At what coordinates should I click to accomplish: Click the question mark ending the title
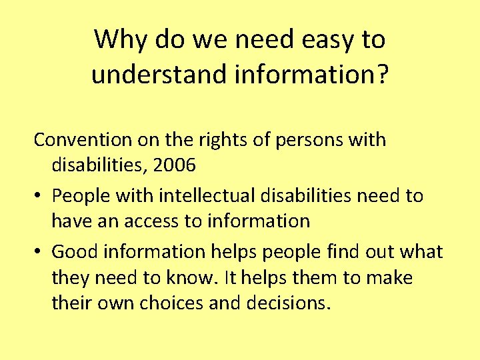(x=380, y=74)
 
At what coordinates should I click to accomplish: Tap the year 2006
(x=174, y=165)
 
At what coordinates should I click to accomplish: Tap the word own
(x=116, y=303)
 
